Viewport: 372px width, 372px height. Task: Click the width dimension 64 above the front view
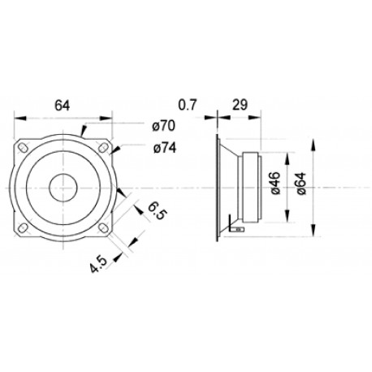click(62, 104)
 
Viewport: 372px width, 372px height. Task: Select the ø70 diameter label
click(164, 126)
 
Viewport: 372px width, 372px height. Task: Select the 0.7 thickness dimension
click(188, 104)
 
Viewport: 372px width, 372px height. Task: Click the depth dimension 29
click(240, 104)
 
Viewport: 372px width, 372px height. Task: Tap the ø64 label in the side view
click(301, 186)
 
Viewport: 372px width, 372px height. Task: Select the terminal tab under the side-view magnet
click(234, 230)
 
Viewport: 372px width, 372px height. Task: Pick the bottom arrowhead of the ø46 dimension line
click(289, 218)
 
